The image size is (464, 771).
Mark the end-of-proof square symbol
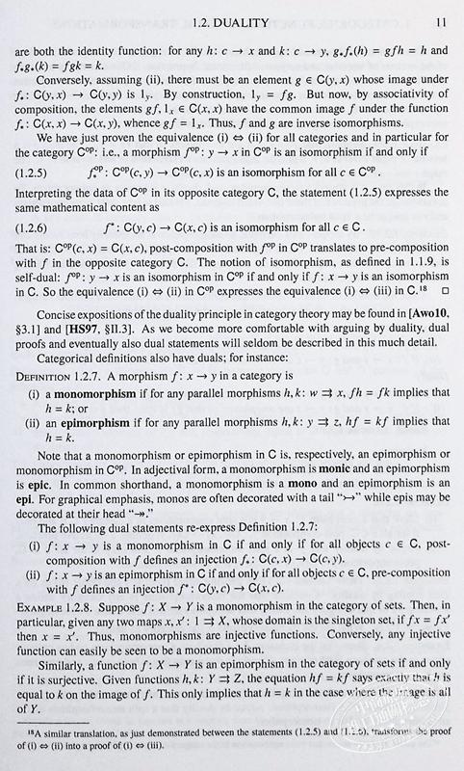444,315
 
